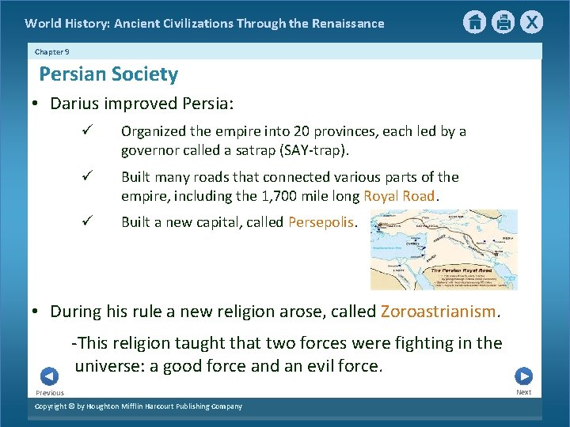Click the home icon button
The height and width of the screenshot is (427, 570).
[474, 22]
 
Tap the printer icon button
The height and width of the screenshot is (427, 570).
[503, 22]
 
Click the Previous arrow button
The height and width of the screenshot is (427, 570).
[49, 376]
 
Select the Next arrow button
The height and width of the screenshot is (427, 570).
[523, 376]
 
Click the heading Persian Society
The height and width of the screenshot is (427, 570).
[108, 74]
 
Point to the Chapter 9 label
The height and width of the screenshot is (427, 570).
[51, 51]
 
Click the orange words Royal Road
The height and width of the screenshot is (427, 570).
[399, 196]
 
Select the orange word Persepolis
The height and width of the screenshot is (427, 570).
[321, 222]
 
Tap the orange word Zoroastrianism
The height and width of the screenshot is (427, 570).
[439, 312]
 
